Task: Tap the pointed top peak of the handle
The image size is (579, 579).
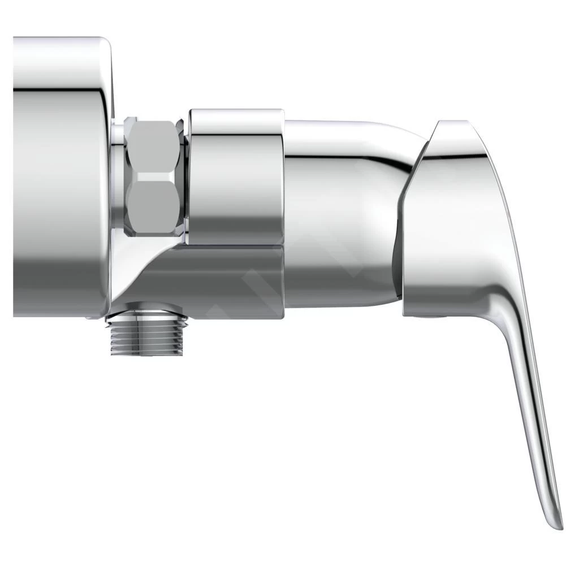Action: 450,123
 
